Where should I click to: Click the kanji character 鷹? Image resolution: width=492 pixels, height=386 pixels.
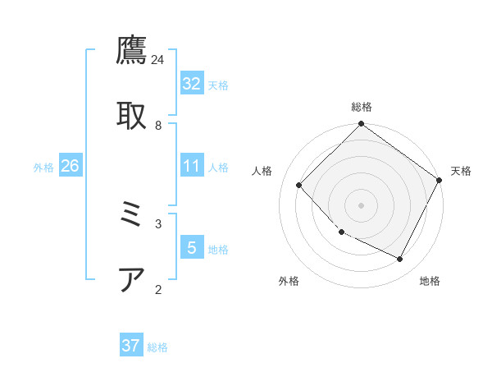(x=132, y=51)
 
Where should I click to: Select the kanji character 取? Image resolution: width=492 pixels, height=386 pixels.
(x=132, y=115)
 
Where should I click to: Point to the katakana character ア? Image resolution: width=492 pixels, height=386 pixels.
(x=132, y=280)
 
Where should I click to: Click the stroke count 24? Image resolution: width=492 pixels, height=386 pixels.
(x=158, y=60)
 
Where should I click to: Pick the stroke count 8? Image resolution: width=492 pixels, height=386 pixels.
(x=158, y=125)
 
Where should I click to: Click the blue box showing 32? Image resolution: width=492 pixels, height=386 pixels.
(x=192, y=84)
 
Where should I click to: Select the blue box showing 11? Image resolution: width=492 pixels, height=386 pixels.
(x=192, y=166)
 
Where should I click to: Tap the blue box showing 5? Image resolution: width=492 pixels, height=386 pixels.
(x=192, y=248)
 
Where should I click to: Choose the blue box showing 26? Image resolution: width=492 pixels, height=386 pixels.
(x=71, y=166)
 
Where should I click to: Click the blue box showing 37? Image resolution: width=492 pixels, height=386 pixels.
(x=131, y=346)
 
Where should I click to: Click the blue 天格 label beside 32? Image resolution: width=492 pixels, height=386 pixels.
(x=218, y=85)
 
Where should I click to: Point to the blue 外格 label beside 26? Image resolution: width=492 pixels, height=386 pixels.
(x=43, y=167)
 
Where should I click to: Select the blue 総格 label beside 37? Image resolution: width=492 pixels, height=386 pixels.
(x=157, y=347)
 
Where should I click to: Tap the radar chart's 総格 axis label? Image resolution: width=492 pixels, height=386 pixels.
(x=362, y=107)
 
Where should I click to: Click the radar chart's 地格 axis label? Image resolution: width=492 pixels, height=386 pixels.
(x=430, y=281)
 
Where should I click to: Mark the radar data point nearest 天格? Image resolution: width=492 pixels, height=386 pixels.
(x=440, y=180)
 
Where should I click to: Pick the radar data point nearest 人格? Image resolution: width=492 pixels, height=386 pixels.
(x=299, y=185)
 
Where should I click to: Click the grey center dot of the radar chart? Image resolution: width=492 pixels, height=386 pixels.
(x=362, y=204)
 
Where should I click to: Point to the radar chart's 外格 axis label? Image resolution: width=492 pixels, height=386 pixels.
(x=289, y=281)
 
